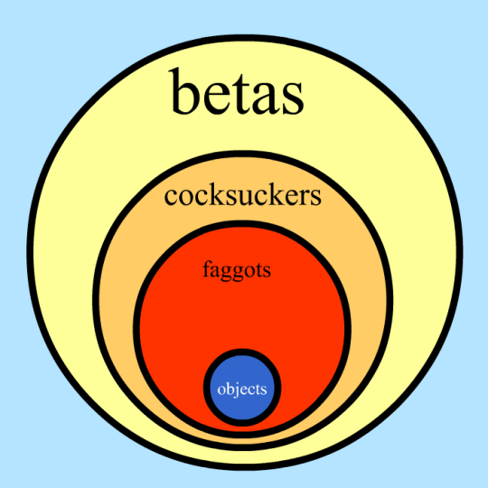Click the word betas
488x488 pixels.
(237, 91)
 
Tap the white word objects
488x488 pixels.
(242, 389)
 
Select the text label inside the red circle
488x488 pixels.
(237, 270)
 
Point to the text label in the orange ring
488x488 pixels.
(243, 196)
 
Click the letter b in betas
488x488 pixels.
(183, 91)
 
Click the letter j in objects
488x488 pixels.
(237, 390)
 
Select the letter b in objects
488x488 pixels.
(230, 389)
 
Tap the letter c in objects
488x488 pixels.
(251, 391)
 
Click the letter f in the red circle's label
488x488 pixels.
(207, 268)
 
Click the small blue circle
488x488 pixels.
(242, 388)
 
